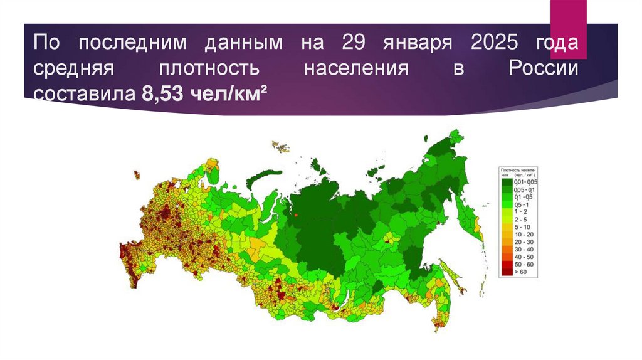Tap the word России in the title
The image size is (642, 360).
(542, 69)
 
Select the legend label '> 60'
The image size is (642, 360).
(521, 273)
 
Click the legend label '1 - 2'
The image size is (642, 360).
(521, 213)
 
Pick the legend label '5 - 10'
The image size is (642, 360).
(522, 227)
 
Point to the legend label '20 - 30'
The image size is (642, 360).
(524, 242)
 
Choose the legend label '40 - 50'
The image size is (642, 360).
(524, 257)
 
